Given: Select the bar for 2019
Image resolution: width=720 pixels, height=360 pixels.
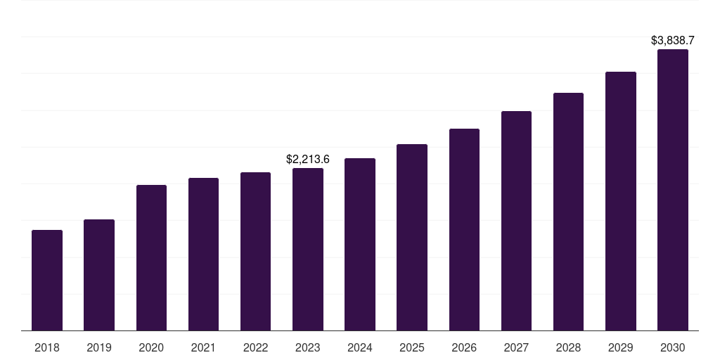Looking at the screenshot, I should coord(99,275).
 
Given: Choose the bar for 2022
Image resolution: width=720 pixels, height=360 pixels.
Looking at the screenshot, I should coord(255,251).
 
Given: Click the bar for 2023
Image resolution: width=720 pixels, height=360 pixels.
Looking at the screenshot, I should coord(308,249).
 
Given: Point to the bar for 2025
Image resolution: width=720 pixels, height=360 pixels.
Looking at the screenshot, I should coord(412,237).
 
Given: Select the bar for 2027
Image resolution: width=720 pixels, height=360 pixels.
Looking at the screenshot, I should coord(516,221).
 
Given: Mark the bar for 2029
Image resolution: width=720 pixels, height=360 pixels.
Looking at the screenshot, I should coord(620,201).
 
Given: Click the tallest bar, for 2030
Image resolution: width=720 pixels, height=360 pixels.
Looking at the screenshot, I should coord(672,190).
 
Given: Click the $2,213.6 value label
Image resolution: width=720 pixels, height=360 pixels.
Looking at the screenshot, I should coord(308,160).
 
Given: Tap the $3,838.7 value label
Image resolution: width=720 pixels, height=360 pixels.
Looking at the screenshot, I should coord(672,41).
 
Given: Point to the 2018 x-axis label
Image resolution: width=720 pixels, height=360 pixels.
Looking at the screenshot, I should coord(47,347).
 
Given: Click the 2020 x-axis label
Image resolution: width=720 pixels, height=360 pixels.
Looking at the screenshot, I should coord(151,347).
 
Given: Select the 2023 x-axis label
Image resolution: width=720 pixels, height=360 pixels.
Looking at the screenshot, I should coord(308,347).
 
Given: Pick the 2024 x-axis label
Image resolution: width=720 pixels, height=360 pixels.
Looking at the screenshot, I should coord(360,347).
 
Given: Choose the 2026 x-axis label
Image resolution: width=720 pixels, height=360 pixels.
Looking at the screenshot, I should coord(464,347).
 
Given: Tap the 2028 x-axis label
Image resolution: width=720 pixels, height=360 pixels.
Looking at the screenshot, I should coord(568,347).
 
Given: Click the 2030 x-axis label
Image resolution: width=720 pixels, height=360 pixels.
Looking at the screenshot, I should coord(672,347).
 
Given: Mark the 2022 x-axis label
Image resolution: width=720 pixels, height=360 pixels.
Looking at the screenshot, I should coord(255,347).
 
